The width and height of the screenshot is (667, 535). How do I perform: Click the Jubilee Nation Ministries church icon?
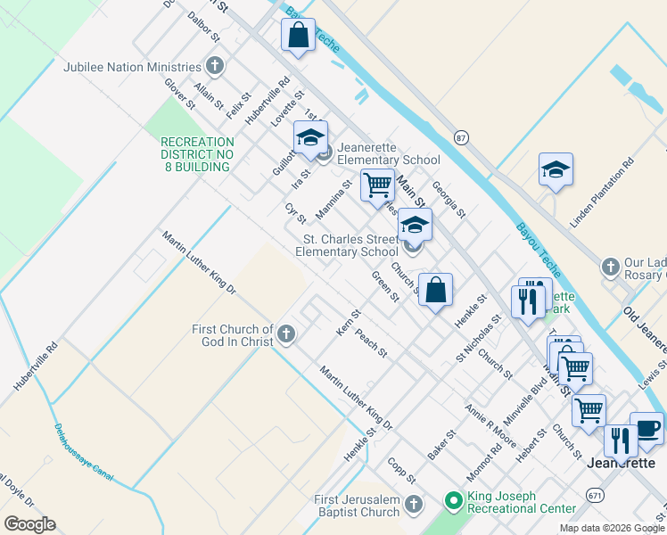coord(215,66)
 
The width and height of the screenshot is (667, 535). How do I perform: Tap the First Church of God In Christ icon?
coord(286,334)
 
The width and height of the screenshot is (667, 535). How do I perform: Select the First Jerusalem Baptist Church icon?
coord(413,506)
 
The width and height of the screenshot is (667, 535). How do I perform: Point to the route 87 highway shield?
coord(460,137)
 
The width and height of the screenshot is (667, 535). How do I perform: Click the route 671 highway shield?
coord(595,493)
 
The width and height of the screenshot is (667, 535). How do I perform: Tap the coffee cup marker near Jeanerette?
coord(646,428)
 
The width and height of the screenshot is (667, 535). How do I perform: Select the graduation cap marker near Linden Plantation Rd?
coord(556,169)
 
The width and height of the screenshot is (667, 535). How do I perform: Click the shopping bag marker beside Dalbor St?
coord(299,36)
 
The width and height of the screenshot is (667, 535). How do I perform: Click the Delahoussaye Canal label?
coord(85,451)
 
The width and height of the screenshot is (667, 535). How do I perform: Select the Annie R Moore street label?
coord(490,424)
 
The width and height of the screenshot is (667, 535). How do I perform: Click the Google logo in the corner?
coord(29,524)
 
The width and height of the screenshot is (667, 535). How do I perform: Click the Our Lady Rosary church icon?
coord(611,267)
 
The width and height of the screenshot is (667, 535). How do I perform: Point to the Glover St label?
coord(179,93)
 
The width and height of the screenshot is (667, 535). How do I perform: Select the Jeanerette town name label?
coord(622,464)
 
